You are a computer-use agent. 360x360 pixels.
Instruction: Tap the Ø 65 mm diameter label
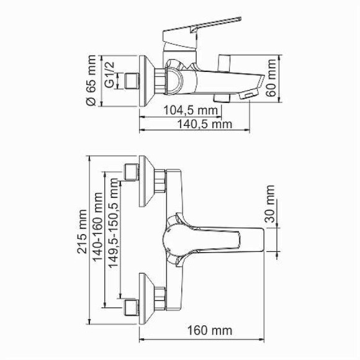92,81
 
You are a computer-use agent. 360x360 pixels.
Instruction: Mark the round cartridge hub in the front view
176,237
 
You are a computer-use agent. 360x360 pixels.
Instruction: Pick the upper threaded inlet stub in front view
130,173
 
